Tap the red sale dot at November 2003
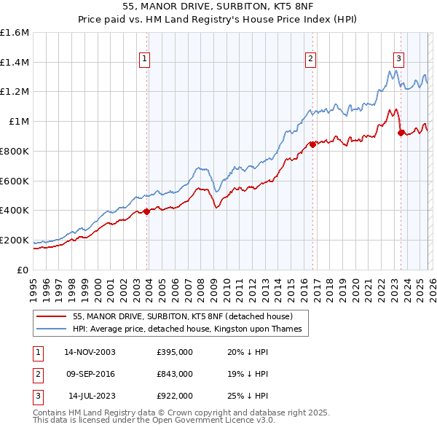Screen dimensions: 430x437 [146, 211]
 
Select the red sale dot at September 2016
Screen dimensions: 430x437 [312, 144]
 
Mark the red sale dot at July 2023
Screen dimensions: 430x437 [401, 133]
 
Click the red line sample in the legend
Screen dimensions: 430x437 [52, 317]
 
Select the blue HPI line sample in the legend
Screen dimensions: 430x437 [52, 329]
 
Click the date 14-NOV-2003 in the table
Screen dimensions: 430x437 [90, 352]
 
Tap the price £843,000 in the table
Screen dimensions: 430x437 [175, 374]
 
